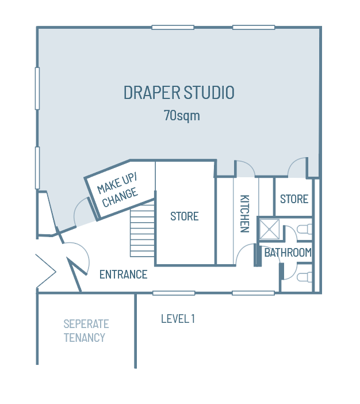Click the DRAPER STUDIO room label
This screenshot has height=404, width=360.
[179, 93]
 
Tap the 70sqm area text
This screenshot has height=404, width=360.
[182, 115]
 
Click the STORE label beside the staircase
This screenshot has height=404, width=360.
[184, 216]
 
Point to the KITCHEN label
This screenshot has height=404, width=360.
[244, 213]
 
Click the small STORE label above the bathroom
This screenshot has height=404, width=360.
[294, 199]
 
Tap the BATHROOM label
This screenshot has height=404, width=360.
[288, 253]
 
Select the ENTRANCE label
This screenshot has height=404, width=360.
[123, 275]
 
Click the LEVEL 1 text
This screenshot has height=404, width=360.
[178, 318]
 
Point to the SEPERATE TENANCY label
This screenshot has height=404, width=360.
[85, 331]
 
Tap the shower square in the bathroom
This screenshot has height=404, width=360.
[269, 229]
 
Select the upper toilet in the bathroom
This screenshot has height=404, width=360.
[305, 228]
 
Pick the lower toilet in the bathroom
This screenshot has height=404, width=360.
[305, 277]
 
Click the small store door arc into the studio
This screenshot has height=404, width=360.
[298, 167]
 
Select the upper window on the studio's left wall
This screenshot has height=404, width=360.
[37, 88]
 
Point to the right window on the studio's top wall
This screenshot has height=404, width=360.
[253, 27]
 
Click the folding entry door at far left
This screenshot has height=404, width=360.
[45, 270]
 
